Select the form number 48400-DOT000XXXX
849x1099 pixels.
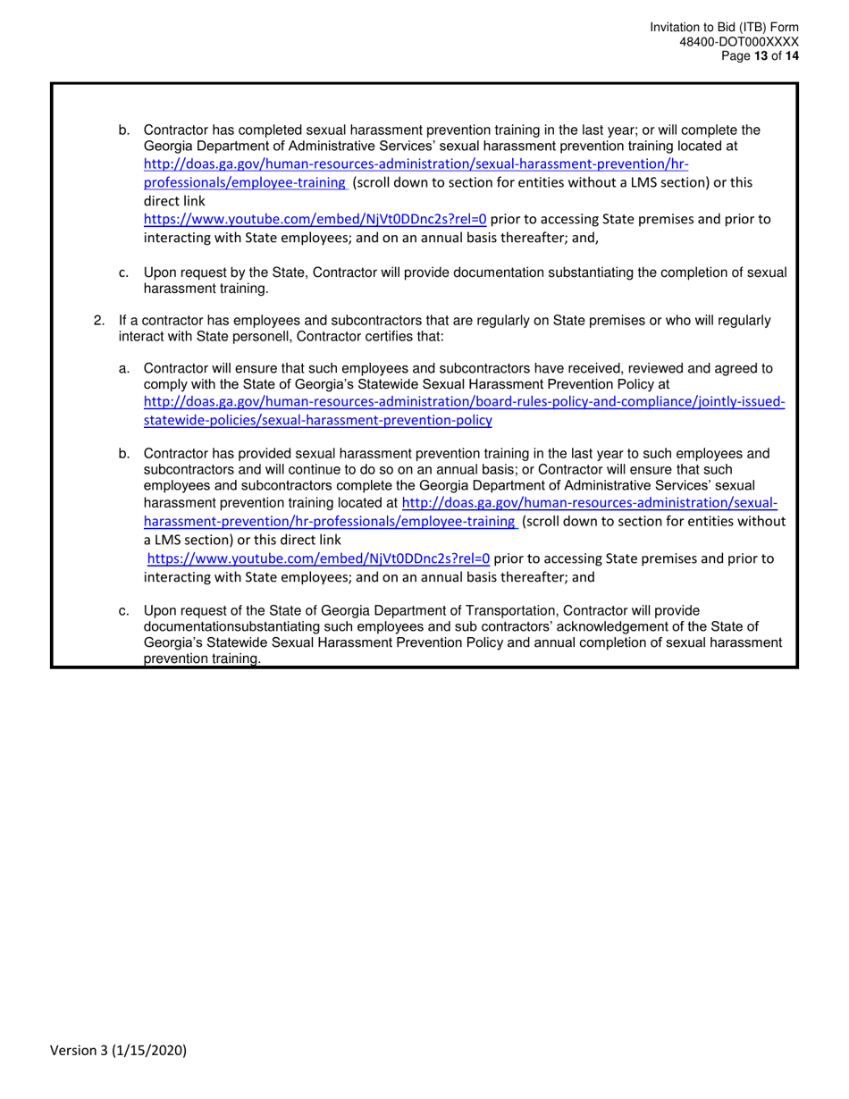click(x=745, y=42)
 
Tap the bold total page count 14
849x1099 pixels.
click(x=792, y=55)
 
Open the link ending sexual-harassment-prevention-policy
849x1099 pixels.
click(x=317, y=420)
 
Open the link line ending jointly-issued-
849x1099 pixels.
click(x=464, y=403)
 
